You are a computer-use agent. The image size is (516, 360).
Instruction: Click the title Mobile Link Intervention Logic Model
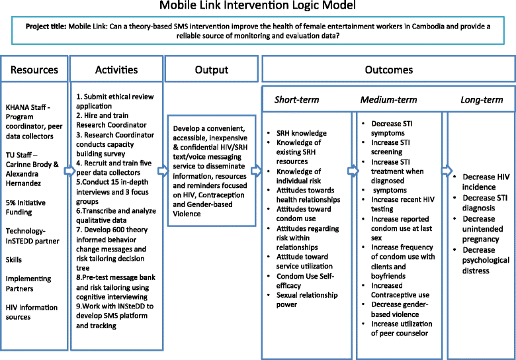[x=257, y=8]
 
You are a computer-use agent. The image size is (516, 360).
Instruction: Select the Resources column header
[x=34, y=69]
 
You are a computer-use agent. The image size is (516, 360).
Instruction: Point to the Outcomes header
[x=388, y=69]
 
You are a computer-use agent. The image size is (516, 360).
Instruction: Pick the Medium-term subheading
[x=389, y=100]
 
